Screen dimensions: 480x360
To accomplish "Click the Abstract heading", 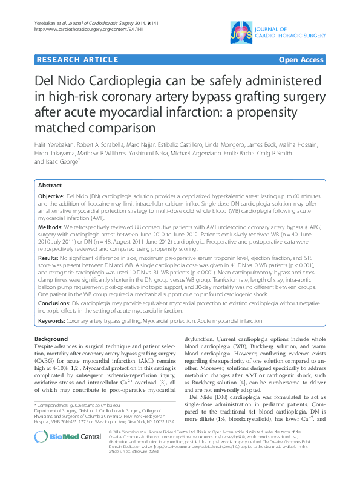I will pos(50,185).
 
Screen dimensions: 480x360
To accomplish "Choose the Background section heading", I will pos(51,339).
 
